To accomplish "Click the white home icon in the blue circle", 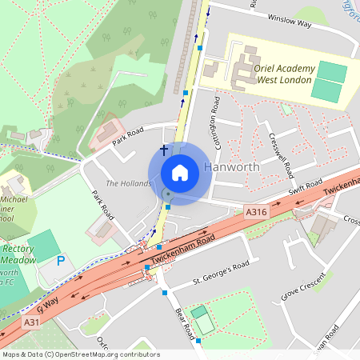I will [x=180, y=173].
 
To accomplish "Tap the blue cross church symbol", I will [x=165, y=150].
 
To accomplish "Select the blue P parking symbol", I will [x=60, y=261].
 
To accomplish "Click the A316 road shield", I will [x=255, y=211].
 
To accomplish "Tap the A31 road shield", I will [x=31, y=322].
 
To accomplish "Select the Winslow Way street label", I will [x=288, y=22].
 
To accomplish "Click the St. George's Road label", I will [x=222, y=273].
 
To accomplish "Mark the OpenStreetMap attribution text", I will [x=81, y=354].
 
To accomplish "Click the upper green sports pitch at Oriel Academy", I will [x=332, y=72].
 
